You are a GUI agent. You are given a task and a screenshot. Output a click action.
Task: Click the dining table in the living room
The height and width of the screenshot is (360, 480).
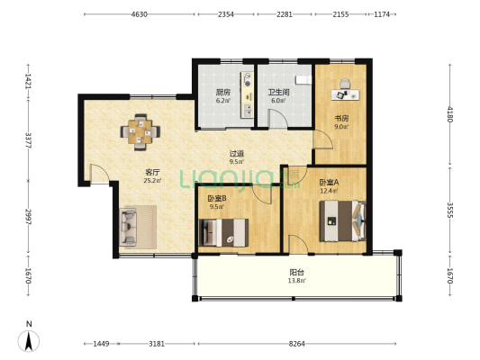pos(140,131)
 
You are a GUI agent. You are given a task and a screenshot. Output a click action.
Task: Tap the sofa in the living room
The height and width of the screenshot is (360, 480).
pos(128,227)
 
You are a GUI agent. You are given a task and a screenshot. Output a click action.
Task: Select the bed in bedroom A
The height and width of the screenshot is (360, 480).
pos(342,220)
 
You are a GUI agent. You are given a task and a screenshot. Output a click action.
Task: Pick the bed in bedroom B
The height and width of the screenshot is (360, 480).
pos(223,232)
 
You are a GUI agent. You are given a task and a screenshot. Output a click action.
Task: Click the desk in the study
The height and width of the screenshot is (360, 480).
pos(345,94)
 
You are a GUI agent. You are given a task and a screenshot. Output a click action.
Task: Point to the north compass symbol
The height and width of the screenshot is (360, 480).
pos(29,341)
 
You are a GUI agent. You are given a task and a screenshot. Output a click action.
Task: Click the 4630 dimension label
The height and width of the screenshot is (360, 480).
pos(140,14)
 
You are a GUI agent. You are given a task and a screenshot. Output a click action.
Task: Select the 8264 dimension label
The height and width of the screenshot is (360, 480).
pos(296,344)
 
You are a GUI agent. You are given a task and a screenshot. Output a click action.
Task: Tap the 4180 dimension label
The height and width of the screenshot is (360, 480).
pos(449,114)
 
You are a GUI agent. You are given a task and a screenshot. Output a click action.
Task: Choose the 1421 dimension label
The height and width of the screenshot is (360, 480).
pos(28,81)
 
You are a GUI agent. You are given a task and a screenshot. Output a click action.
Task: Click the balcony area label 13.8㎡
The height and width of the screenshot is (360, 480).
pos(296,281)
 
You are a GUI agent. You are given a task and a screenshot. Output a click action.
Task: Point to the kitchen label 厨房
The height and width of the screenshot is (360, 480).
pos(223,92)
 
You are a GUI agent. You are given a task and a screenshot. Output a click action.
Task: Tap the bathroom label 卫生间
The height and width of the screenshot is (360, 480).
pos(278,92)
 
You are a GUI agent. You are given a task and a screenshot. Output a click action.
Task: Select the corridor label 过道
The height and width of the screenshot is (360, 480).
pos(237,154)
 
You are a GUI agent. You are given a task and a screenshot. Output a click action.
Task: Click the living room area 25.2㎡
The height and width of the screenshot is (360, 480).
pos(152,181)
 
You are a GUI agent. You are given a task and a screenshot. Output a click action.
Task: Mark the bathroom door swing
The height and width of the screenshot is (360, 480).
pos(277,118)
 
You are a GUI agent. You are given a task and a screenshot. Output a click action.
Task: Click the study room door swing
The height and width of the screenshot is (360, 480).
pos(323,139)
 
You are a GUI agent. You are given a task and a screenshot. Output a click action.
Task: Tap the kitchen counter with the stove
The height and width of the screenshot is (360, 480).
pos(248,94)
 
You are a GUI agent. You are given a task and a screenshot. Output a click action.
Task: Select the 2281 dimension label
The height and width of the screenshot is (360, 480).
pos(285,14)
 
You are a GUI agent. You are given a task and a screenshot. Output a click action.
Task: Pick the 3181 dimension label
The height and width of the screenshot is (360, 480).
pos(157,344)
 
